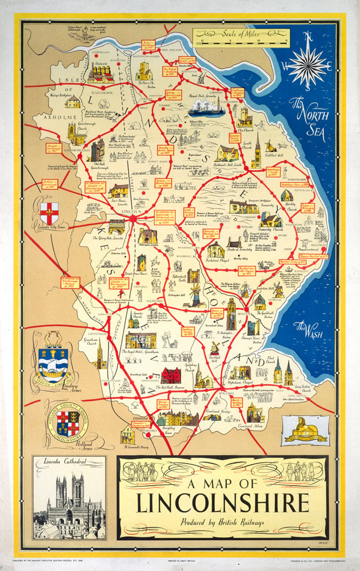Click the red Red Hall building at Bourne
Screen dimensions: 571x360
tap(170, 375)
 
